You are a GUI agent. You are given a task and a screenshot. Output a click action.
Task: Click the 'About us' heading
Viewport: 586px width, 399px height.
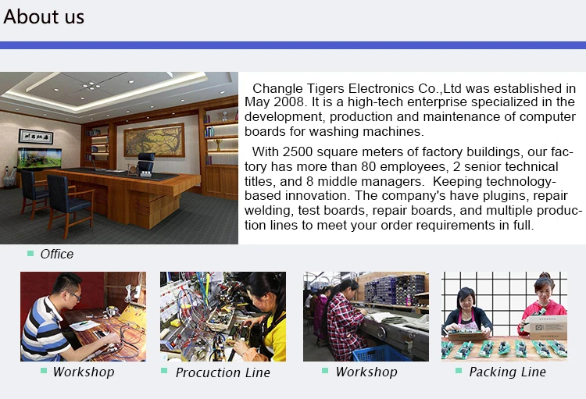(44, 17)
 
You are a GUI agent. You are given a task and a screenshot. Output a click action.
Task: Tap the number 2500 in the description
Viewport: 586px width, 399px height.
(298, 152)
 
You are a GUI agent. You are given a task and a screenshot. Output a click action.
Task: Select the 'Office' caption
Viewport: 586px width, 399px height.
(57, 254)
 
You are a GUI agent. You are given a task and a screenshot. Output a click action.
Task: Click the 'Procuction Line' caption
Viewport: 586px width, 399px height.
(223, 372)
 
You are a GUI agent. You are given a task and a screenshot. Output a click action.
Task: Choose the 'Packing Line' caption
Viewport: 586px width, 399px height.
(508, 372)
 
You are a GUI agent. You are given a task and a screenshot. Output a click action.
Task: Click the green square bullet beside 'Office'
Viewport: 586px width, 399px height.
(30, 254)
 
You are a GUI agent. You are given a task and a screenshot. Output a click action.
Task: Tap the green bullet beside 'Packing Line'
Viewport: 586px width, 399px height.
(459, 371)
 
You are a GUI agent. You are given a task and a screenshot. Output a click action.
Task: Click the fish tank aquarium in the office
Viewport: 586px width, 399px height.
(39, 159)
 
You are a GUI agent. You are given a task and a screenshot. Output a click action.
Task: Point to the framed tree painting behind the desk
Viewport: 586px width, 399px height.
(154, 140)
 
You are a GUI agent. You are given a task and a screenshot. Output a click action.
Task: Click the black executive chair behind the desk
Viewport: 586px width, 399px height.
(145, 164)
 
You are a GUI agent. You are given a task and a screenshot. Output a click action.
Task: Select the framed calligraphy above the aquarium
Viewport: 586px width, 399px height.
(36, 137)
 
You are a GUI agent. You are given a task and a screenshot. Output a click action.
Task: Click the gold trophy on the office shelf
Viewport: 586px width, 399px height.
(219, 144)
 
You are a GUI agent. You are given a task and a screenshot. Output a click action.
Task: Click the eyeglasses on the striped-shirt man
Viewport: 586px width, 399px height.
(75, 296)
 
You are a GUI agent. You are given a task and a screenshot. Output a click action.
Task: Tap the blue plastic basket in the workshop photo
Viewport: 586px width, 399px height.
(379, 353)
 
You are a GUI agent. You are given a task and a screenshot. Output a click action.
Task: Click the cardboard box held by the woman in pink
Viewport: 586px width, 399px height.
(548, 327)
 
